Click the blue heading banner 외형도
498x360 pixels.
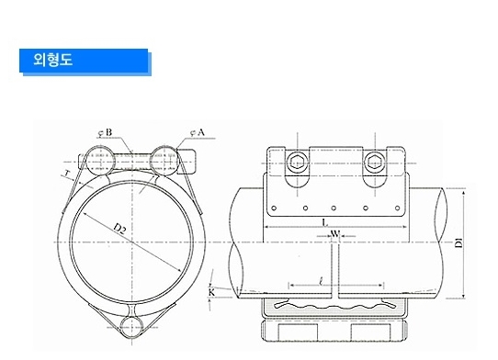85,62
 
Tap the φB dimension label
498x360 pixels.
105,132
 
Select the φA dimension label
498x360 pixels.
198,132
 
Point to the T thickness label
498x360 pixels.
67,174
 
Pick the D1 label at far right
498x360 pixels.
458,242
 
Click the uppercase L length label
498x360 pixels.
324,223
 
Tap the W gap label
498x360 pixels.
335,234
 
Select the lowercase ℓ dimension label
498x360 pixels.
322,281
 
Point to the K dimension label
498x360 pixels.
212,293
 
